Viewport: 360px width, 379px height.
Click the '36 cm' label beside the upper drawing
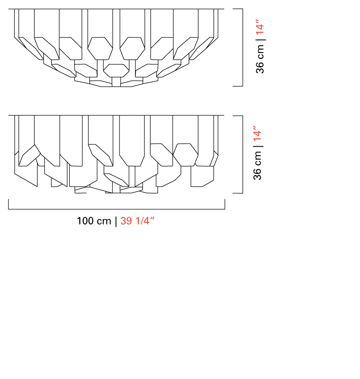[x=260, y=59]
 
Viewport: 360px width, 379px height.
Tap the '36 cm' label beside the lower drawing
[x=258, y=165]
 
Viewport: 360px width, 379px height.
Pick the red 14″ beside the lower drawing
[x=257, y=133]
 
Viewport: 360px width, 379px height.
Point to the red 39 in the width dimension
[x=126, y=221]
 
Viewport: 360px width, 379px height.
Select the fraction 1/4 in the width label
[x=142, y=221]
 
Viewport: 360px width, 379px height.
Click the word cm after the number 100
[x=104, y=222]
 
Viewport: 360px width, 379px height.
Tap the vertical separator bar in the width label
[x=116, y=222]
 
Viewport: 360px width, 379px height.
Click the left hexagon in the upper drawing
[x=100, y=48]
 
